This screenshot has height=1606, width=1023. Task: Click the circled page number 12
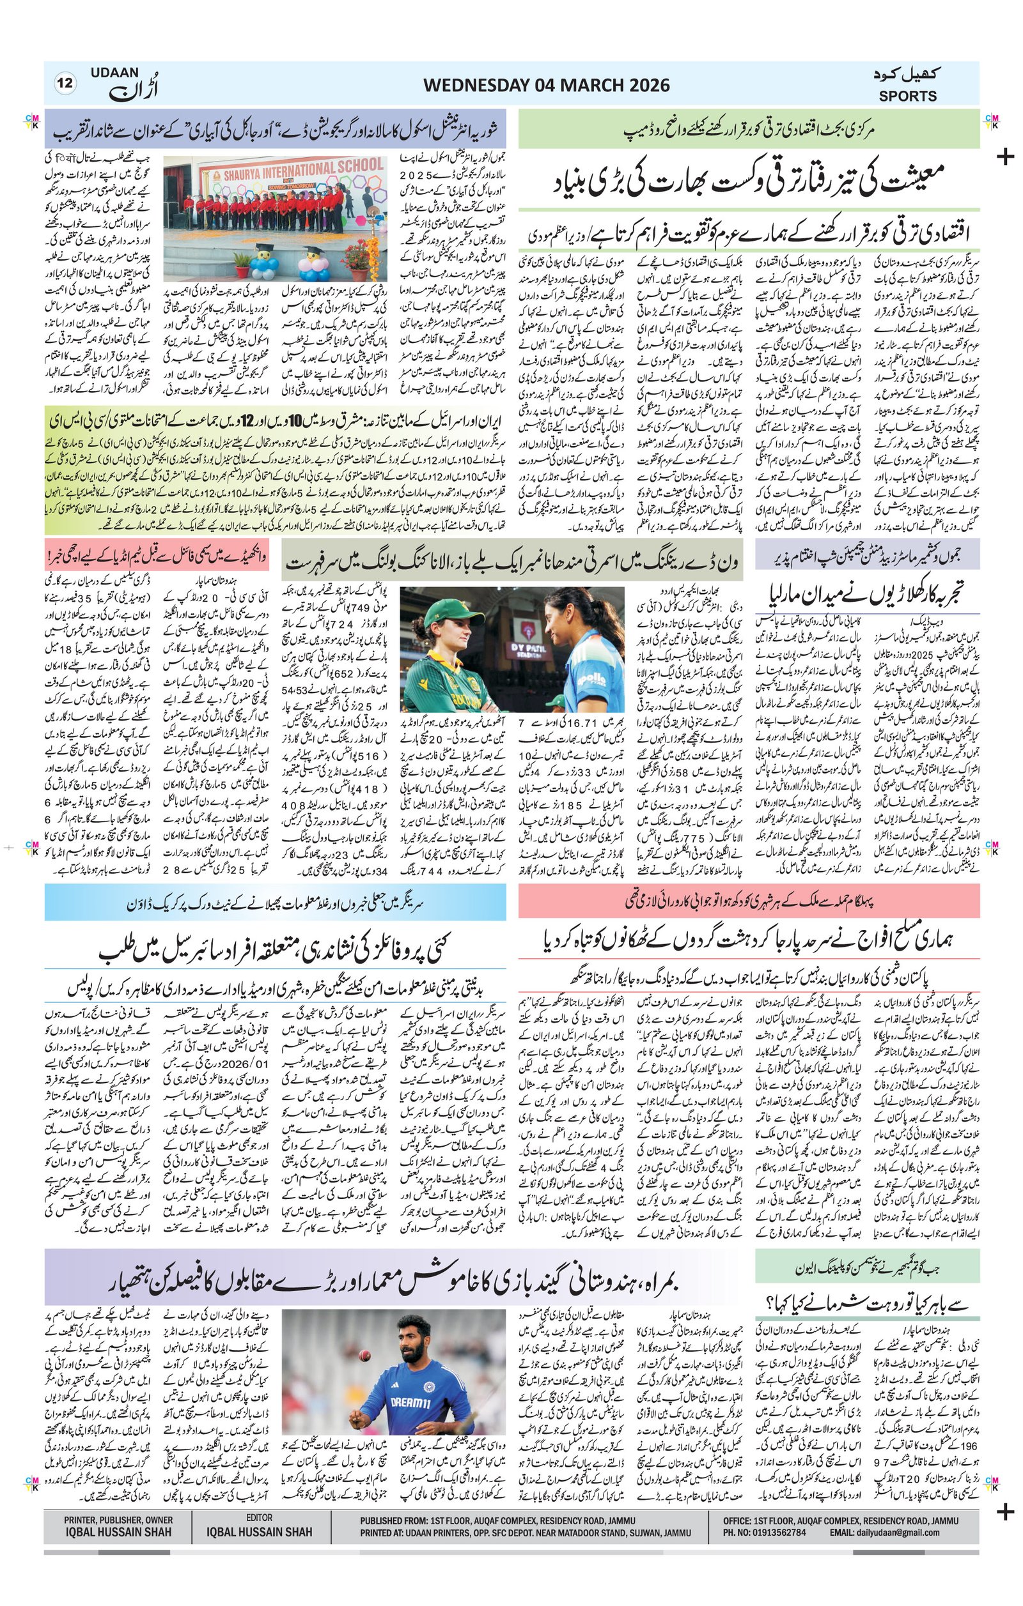[x=66, y=84]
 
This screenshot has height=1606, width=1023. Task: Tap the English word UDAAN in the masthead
[x=113, y=72]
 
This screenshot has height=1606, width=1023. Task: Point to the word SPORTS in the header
[x=907, y=96]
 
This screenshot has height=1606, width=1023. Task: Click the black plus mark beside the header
[x=1004, y=158]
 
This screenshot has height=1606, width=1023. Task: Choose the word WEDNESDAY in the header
[x=475, y=86]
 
